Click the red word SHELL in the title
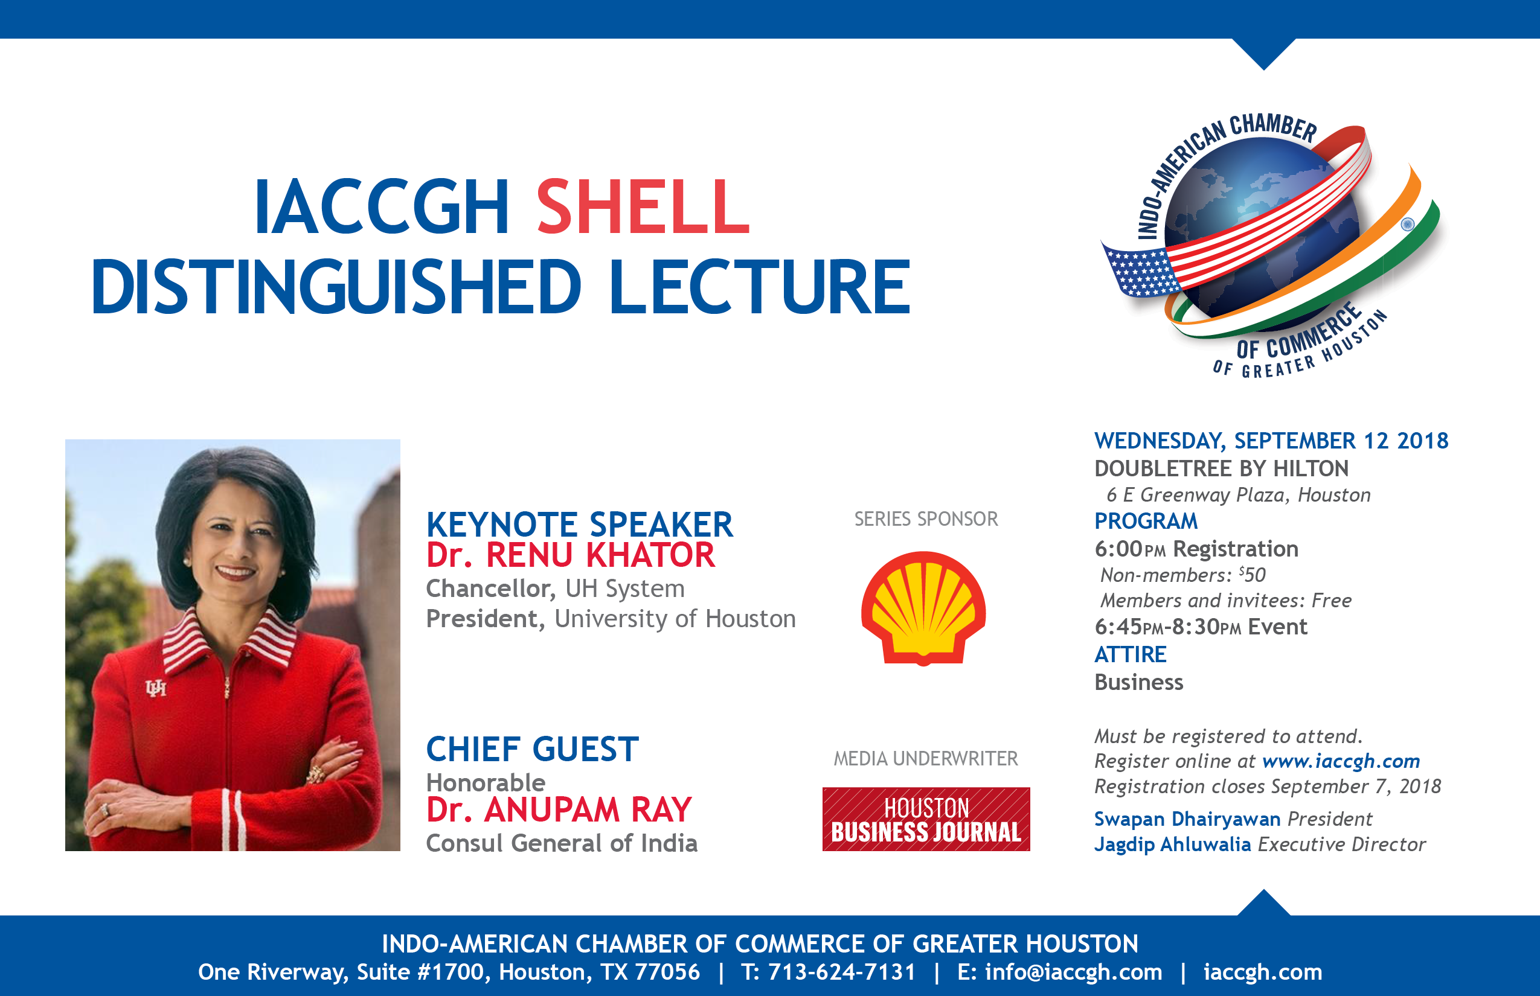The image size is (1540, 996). (643, 207)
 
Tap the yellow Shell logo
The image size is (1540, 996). (923, 608)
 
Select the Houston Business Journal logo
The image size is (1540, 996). (926, 819)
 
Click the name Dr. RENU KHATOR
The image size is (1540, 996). (570, 555)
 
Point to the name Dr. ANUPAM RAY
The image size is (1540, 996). (559, 809)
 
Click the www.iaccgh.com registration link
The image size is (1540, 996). (1341, 761)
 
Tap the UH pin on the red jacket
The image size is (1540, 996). (156, 688)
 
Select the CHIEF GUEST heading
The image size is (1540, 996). (533, 749)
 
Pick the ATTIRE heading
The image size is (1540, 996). (1131, 654)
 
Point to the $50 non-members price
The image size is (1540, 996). (1252, 574)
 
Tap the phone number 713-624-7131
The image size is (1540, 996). (842, 971)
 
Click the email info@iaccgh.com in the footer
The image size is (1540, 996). (1074, 971)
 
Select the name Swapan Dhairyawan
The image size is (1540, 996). (1187, 819)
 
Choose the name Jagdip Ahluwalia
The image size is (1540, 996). (1172, 844)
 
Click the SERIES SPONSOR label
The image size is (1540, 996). (926, 519)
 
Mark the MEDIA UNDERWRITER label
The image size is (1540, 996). (926, 758)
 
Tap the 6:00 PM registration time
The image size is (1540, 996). (1130, 549)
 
